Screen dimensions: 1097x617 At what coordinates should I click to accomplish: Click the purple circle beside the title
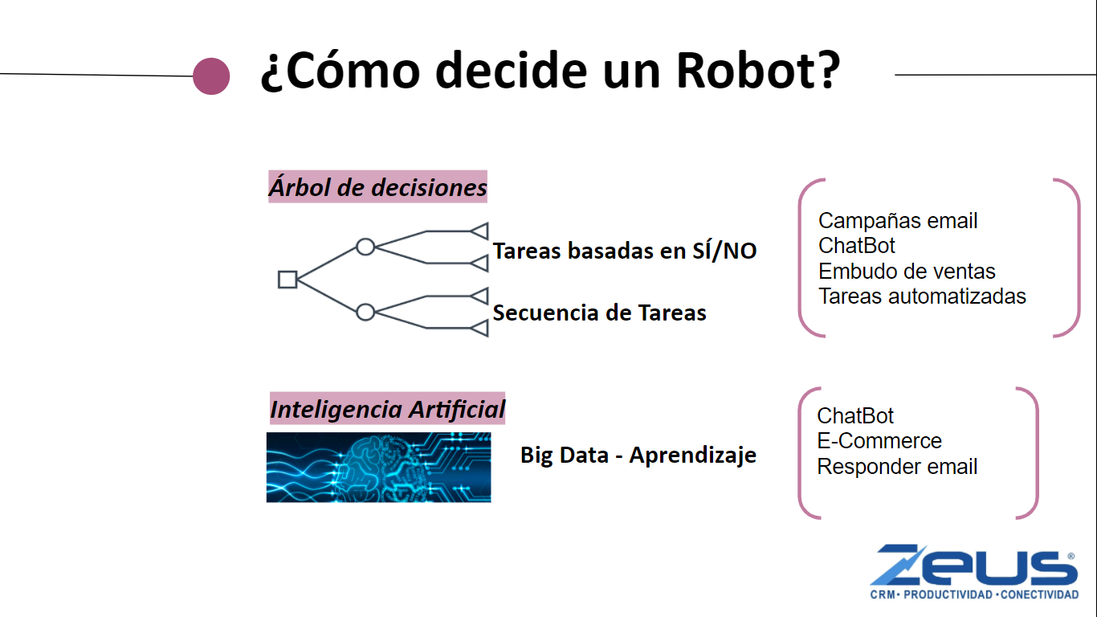pos(211,76)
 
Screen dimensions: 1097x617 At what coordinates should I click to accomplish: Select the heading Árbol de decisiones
pos(377,186)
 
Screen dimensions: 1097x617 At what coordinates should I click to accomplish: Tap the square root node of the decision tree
pos(288,280)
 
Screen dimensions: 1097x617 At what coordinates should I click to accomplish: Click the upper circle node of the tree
pos(365,247)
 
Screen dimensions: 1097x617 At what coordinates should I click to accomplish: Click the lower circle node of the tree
pos(365,313)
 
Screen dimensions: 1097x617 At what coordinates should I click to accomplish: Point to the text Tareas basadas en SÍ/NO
pos(625,251)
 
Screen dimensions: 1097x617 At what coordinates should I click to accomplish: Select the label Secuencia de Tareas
pos(599,313)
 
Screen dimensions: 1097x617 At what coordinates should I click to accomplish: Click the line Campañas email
pos(898,221)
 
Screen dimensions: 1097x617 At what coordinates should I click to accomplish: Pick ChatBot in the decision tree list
pos(857,246)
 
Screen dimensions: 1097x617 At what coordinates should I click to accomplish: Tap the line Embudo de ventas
pos(907,271)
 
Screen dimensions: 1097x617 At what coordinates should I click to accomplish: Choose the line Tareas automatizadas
pos(922,296)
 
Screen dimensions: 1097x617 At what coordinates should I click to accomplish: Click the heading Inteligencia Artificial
pos(387,409)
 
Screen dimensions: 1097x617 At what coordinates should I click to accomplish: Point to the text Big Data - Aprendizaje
pos(638,456)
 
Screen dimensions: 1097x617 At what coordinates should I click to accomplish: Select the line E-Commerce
pos(879,440)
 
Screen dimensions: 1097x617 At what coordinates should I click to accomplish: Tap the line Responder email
pos(897,466)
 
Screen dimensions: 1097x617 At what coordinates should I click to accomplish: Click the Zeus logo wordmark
pos(974,565)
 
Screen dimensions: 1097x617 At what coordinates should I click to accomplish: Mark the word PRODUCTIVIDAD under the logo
pos(948,595)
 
